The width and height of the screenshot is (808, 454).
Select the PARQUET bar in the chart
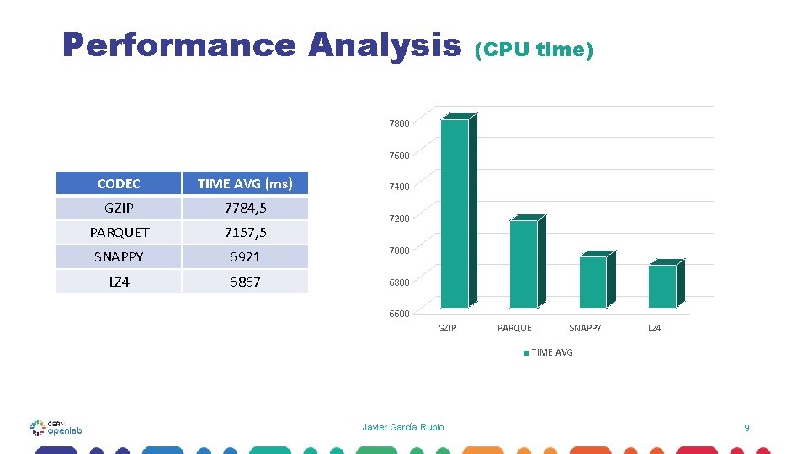[x=524, y=264]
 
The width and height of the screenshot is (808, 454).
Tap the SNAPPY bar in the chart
[x=593, y=282]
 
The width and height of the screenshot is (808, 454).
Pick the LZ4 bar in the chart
[x=662, y=286]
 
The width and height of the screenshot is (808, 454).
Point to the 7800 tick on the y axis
[x=399, y=124]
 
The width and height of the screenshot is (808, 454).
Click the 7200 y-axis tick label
[x=399, y=219]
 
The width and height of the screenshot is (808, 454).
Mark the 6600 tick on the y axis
[x=399, y=314]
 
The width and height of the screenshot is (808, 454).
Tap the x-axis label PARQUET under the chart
[x=517, y=328]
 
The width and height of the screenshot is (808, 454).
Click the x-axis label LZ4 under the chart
[x=654, y=328]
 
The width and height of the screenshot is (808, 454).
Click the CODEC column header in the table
[x=119, y=183]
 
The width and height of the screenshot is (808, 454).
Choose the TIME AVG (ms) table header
[x=245, y=183]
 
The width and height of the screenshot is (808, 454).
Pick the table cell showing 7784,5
[x=245, y=208]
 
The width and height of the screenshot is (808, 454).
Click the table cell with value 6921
[x=245, y=256]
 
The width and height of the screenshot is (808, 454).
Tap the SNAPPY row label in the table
[x=119, y=256]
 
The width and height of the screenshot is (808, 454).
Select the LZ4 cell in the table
[x=119, y=282]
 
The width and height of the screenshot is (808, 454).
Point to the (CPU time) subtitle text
[x=534, y=50]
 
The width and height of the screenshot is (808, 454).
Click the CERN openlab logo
[x=56, y=427]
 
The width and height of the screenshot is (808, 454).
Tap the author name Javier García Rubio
[x=403, y=427]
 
